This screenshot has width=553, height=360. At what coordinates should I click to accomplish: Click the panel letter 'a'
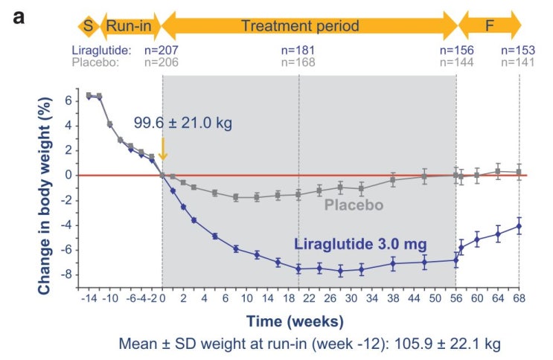click(19, 18)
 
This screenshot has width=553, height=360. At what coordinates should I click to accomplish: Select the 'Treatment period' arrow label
click(300, 26)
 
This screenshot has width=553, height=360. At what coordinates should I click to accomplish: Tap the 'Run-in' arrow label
click(129, 26)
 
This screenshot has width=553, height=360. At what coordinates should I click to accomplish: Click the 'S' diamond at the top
click(89, 26)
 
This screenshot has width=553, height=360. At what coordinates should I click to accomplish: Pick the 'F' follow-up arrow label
click(489, 26)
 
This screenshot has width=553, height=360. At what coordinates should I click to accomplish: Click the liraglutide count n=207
click(162, 51)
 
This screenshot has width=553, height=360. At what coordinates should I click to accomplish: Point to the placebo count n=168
click(298, 62)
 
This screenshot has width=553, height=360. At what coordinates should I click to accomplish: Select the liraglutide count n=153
click(518, 51)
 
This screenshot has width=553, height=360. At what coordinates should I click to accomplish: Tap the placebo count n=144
click(457, 62)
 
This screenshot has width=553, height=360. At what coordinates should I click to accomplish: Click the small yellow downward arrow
click(162, 149)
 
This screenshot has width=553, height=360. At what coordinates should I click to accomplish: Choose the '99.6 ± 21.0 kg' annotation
click(183, 123)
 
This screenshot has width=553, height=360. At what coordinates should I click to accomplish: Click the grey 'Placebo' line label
click(354, 205)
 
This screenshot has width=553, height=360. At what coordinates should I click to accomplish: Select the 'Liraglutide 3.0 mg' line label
click(360, 245)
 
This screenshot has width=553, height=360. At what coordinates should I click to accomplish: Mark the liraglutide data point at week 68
click(519, 226)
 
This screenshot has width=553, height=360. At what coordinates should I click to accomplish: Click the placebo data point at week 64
click(498, 171)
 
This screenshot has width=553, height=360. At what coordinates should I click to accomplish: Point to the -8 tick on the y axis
click(66, 274)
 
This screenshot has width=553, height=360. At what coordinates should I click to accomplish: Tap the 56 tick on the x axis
click(456, 299)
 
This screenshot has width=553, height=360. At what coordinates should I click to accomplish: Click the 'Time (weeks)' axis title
click(295, 321)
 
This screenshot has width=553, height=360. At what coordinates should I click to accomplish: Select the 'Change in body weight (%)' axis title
click(45, 196)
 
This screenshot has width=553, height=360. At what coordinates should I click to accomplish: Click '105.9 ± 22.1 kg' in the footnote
click(447, 344)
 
